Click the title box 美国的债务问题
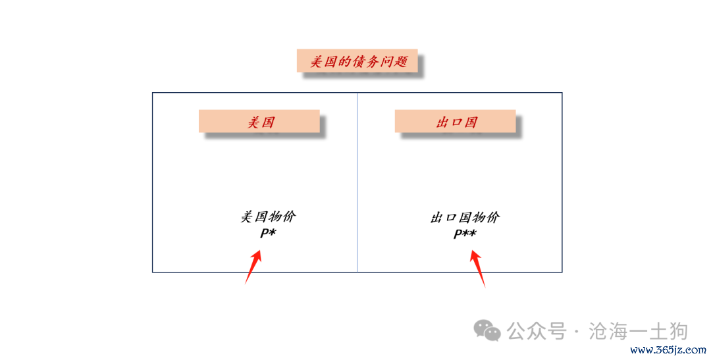pos(357,61)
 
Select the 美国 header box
pos(259,121)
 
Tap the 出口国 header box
pos(456,121)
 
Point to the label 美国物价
pos(268,217)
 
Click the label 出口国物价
pos(465,218)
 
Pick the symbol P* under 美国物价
pos(268,233)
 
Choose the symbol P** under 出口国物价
pos(465,234)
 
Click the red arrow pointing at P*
pos(253,267)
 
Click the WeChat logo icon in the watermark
pos(487,330)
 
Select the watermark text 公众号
pos(537,331)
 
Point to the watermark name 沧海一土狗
pos(639,331)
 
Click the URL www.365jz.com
pos(668,350)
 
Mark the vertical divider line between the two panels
pos(357,182)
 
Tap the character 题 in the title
pos(400,61)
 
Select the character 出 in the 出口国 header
pos(442,122)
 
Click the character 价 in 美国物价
pos(289,217)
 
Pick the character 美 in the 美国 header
pos(253,122)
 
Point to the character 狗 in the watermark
pos(679,331)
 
